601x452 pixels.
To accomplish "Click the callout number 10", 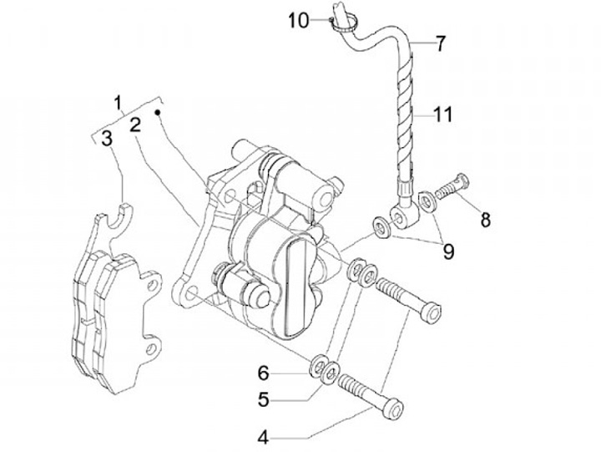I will [299, 18].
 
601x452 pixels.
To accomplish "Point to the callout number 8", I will [485, 221].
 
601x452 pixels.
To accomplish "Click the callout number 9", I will [448, 251].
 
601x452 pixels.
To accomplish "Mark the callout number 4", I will [263, 435].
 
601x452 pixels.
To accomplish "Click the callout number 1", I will [119, 104].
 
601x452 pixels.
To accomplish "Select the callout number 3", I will [106, 139].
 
